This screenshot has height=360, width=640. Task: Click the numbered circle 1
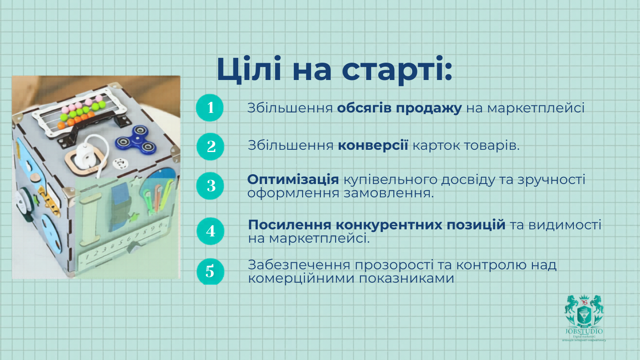tap(210, 108)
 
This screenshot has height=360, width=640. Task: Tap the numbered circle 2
tap(211, 146)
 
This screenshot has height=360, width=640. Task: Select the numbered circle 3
tap(211, 185)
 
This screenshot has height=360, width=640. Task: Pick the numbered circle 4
tap(211, 231)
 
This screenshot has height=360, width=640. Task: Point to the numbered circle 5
tap(210, 271)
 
